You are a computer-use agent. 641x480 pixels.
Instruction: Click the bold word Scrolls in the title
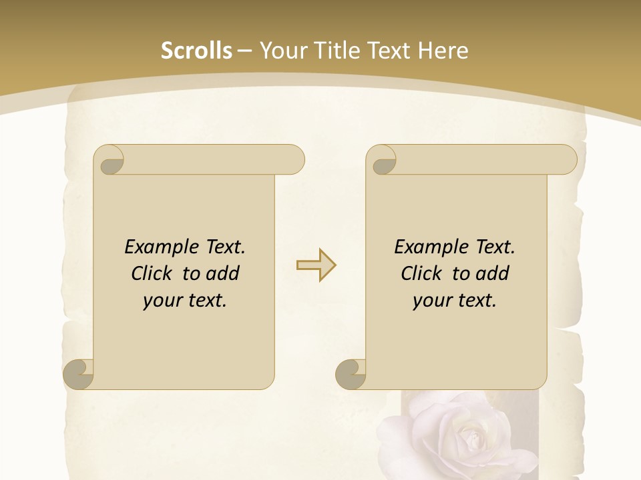coord(196,51)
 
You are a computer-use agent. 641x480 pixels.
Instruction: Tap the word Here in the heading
coord(443,51)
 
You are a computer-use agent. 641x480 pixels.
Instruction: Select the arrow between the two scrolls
coord(316,265)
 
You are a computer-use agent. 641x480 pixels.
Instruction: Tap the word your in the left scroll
coord(161,301)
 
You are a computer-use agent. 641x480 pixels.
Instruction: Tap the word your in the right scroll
coord(431,301)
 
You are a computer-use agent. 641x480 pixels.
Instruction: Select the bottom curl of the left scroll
coord(78,374)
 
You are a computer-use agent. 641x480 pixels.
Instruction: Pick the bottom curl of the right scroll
coord(351,374)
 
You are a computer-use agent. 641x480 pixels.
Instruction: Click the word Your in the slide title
coord(279,51)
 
